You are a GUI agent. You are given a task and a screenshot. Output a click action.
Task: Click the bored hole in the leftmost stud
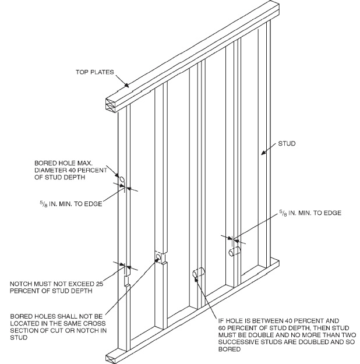click(x=123, y=178)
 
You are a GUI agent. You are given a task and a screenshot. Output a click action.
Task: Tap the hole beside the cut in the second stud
click(x=158, y=257)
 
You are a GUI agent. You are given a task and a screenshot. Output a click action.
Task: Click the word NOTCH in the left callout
click(x=22, y=284)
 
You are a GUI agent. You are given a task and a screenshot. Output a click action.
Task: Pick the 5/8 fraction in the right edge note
click(x=283, y=213)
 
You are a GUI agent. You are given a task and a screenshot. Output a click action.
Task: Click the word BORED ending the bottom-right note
click(x=228, y=350)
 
